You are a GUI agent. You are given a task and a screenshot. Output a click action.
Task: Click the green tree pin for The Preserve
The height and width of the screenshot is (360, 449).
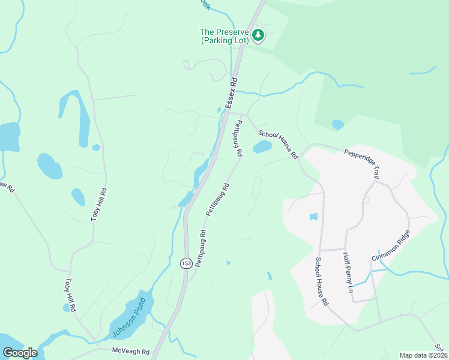point(258,35)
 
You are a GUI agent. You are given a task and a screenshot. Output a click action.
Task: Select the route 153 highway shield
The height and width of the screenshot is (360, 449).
point(185,263)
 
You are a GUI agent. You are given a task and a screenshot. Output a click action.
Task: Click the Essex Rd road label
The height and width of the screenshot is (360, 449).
point(232,93)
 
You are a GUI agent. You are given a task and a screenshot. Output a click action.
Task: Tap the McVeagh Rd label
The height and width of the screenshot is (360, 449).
point(130,350)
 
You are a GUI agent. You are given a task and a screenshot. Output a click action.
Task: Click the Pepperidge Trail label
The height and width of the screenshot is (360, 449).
point(363,162)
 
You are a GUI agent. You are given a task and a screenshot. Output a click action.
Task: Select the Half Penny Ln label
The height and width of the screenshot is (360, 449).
point(348,272)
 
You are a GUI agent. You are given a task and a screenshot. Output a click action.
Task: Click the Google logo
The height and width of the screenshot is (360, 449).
point(20,353)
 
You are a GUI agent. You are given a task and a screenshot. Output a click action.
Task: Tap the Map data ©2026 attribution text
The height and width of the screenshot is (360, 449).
point(423,355)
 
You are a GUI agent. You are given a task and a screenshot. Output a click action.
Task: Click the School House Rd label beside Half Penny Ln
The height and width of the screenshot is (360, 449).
point(321,281)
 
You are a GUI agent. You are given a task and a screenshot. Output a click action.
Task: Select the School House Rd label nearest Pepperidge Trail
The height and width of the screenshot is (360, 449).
point(278,145)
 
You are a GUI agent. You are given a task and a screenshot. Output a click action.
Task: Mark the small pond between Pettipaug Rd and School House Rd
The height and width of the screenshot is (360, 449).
point(262,147)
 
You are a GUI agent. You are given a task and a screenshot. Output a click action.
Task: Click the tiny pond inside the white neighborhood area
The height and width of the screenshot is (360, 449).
point(313,217)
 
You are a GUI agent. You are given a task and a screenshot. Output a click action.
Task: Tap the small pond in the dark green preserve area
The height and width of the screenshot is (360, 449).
point(338,125)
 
